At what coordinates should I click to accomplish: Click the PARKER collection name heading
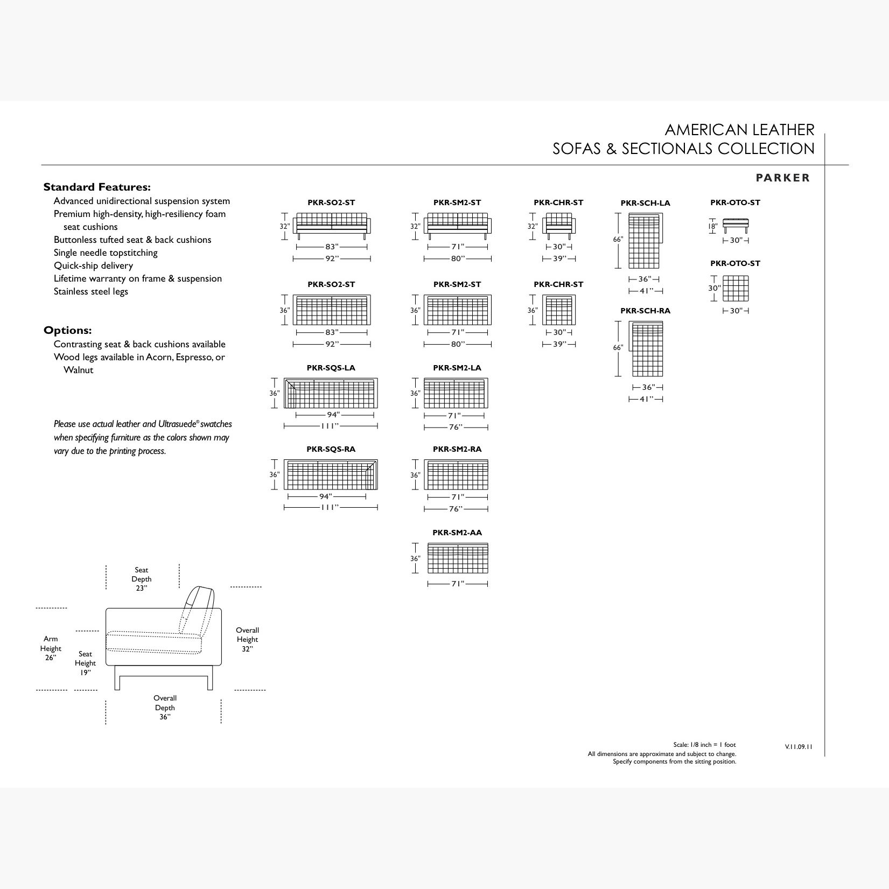coord(782,178)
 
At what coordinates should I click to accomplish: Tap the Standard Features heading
coord(97,187)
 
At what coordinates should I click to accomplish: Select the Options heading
coord(67,331)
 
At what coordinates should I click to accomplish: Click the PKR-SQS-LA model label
coord(331,368)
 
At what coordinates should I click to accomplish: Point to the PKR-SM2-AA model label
coord(457,533)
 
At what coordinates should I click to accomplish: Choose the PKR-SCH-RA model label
coord(645,311)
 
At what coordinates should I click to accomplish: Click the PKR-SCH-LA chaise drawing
coord(646,241)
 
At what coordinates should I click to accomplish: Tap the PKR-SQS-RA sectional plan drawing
coord(331,474)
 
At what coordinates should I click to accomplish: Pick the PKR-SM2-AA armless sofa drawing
coord(458,558)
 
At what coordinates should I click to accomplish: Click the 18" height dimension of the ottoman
coord(712,227)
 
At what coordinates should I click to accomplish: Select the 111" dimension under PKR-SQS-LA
coord(330,426)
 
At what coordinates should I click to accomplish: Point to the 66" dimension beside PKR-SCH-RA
coord(618,348)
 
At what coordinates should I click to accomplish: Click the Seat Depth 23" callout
coord(142,579)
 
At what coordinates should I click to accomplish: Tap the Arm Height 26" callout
coord(51,648)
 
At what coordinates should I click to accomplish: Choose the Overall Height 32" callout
coord(247,639)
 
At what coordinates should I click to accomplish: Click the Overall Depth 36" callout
coord(165,708)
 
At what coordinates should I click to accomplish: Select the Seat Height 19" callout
coord(85,663)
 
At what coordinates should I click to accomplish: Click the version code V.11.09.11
coord(799,746)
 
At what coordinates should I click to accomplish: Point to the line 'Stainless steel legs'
coord(90,291)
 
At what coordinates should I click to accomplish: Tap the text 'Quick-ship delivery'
coord(93,265)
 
